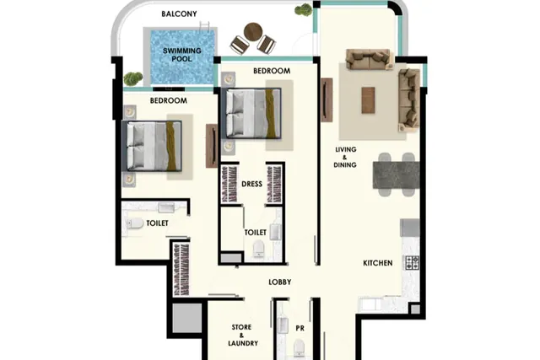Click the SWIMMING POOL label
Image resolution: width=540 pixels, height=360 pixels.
click(182, 55)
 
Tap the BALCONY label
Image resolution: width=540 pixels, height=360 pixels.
click(179, 13)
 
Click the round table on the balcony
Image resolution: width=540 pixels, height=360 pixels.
click(253, 32)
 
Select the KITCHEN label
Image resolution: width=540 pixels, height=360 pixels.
click(378, 263)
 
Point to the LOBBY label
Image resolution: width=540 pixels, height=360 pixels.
click(280, 282)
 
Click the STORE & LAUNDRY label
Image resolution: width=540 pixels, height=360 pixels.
click(242, 335)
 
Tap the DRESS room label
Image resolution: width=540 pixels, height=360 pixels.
click(251, 184)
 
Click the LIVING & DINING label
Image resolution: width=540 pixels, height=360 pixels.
click(345, 158)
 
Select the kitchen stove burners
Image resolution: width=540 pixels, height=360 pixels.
click(413, 262)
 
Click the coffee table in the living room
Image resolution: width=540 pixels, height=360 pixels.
click(368, 100)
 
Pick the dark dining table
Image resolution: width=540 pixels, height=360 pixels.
click(396, 175)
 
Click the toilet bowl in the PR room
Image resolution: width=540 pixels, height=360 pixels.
click(300, 347)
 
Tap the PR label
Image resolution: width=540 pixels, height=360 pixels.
click(300, 328)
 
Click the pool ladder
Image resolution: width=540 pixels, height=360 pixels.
click(204, 26)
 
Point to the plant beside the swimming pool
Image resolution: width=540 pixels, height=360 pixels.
click(132, 78)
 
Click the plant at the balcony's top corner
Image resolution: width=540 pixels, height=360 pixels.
click(304, 9)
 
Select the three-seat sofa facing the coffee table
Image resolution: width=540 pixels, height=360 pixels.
click(370, 59)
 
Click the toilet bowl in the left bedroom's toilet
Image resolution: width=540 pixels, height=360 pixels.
click(135, 223)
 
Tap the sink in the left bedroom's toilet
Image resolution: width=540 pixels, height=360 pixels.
click(166, 207)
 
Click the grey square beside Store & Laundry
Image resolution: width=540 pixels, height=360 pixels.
click(187, 318)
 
